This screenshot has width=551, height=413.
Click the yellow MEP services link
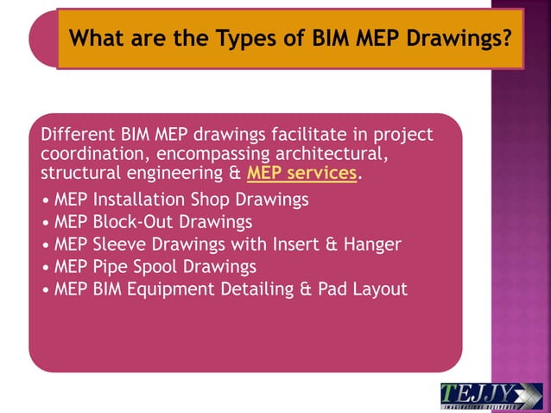tap(301, 174)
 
